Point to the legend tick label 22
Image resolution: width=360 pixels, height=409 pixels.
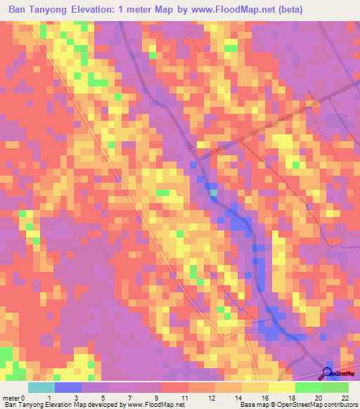(345, 397)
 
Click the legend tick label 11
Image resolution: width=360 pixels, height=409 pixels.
(185, 397)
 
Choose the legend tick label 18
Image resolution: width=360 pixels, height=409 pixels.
(292, 397)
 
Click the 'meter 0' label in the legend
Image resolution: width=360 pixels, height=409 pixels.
(14, 397)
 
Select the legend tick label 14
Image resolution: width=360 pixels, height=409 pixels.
(238, 397)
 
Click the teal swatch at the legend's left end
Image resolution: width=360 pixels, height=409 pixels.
(41, 387)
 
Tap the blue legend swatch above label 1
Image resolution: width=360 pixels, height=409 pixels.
(67, 387)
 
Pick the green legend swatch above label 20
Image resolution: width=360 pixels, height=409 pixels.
(308, 387)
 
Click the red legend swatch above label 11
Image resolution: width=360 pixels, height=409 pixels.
(174, 387)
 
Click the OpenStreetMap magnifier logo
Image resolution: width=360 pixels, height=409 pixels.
(328, 373)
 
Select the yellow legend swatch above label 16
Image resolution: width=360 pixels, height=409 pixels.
(255, 387)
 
